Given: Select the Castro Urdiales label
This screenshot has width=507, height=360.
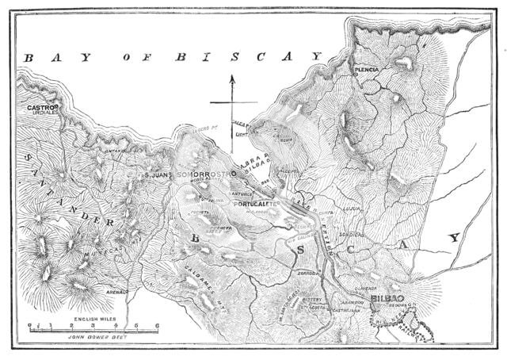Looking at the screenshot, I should (x=39, y=109).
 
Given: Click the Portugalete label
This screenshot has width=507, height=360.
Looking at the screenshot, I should (x=257, y=204).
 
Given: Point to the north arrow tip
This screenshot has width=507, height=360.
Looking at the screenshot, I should (x=230, y=75).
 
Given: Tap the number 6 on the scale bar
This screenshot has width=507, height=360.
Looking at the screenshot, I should (x=158, y=325).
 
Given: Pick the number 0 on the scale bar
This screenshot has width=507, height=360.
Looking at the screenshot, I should (x=29, y=325).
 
